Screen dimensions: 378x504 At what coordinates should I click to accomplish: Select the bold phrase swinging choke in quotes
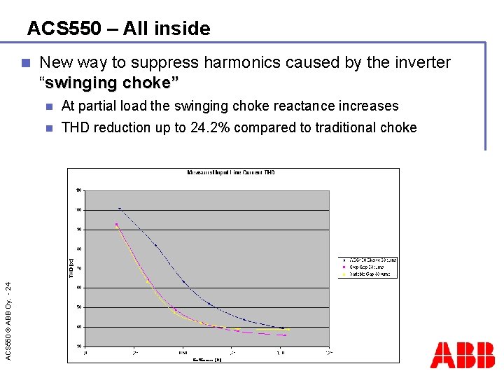click(x=111, y=83)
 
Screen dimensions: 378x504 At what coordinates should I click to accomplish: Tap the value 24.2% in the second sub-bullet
click(x=213, y=127)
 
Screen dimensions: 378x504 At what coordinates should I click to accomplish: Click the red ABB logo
click(x=462, y=355)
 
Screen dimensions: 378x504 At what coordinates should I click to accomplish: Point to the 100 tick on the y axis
click(x=78, y=210)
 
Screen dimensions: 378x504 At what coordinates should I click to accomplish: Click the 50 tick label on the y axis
click(x=79, y=307)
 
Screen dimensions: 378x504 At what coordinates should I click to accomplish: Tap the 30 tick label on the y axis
click(x=79, y=346)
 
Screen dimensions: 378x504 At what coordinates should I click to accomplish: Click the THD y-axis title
click(x=71, y=266)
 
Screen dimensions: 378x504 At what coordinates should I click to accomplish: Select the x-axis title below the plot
click(x=208, y=360)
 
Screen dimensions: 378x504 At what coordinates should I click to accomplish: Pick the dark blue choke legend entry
click(x=371, y=260)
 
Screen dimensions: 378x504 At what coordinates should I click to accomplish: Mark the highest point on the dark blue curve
click(x=120, y=209)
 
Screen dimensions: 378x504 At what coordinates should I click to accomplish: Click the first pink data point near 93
click(x=116, y=224)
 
